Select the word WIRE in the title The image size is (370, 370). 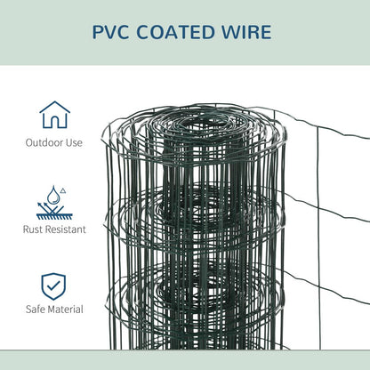[248, 32]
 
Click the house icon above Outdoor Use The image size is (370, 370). [54, 115]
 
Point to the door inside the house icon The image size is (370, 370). [54, 122]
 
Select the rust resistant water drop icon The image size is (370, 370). [54, 202]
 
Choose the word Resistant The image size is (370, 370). [68, 229]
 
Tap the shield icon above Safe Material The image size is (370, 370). [54, 285]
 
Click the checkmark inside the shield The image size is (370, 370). [54, 286]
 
